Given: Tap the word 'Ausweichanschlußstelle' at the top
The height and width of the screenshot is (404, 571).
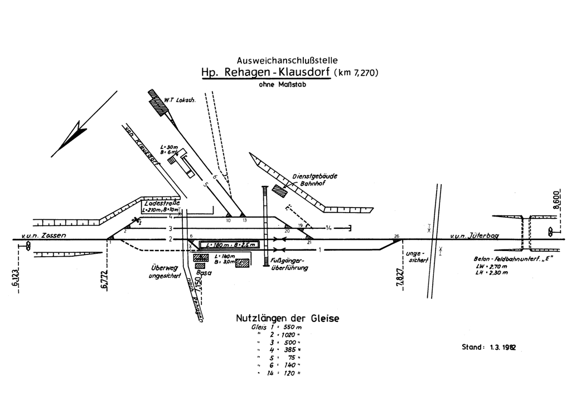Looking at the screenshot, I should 287,59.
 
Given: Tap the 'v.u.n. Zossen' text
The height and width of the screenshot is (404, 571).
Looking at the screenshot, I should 44,236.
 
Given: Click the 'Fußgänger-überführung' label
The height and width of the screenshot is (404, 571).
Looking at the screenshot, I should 286,264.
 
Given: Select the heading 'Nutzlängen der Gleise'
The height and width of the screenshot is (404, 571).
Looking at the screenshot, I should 288,319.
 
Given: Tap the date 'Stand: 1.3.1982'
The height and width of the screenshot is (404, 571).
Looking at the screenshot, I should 488,347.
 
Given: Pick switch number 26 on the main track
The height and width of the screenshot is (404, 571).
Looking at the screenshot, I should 396,236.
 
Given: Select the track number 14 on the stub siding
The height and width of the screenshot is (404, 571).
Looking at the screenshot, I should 330,228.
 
